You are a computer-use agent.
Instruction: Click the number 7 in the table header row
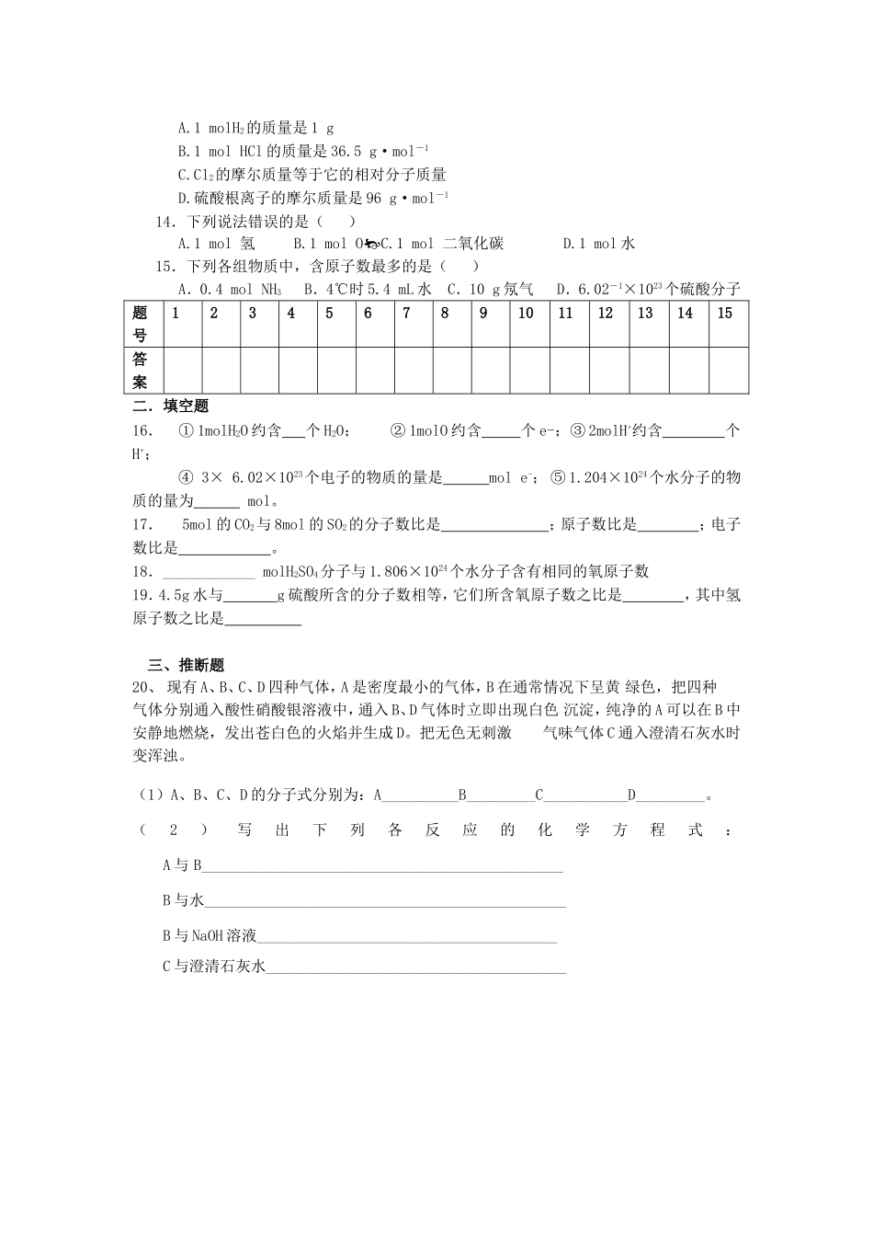pyautogui.click(x=406, y=314)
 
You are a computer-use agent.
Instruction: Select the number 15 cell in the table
pyautogui.click(x=725, y=314)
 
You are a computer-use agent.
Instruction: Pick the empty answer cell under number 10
pyautogui.click(x=526, y=370)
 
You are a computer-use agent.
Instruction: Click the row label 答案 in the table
pyautogui.click(x=140, y=370)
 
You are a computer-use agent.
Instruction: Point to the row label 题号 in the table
pyautogui.click(x=140, y=323)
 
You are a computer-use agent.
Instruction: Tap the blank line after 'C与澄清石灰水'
pyautogui.click(x=415, y=967)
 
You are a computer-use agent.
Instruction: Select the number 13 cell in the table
pyautogui.click(x=645, y=314)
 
